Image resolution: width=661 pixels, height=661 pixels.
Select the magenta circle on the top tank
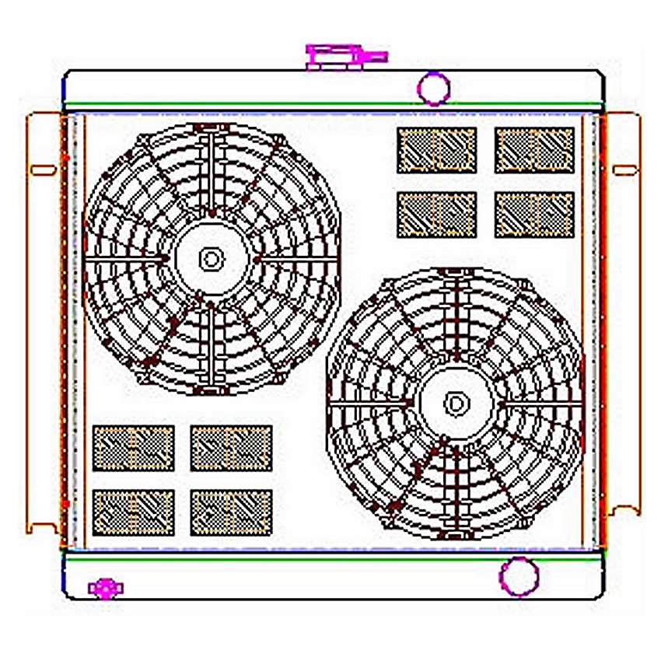[x=433, y=87]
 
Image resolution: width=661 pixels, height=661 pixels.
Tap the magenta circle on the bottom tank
[x=519, y=576]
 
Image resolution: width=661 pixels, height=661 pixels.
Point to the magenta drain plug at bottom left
[x=104, y=589]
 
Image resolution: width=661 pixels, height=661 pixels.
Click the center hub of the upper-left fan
[x=210, y=259]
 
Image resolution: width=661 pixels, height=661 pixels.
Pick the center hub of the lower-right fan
[x=456, y=403]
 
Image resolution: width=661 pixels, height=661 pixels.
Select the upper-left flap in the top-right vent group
[x=436, y=150]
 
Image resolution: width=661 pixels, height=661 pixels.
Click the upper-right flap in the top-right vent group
[x=534, y=150]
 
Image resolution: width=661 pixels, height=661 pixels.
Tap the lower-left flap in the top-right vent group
[x=436, y=214]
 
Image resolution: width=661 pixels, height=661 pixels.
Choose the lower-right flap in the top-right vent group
[x=534, y=214]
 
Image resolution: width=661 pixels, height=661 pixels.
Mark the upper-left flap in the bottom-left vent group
[x=133, y=448]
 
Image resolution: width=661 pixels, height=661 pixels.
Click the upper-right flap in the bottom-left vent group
[x=231, y=448]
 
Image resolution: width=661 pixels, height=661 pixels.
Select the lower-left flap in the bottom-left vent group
[x=133, y=512]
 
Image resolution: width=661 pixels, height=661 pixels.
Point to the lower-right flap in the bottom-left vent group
[x=231, y=512]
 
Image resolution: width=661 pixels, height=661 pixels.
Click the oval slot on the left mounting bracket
[x=43, y=170]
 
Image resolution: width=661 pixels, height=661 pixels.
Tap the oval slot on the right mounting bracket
[x=624, y=170]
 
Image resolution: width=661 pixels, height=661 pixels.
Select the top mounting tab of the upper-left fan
[x=210, y=127]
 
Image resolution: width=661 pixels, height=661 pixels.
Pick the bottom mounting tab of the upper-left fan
[x=210, y=390]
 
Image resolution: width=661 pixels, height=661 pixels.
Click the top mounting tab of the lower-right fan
[x=456, y=271]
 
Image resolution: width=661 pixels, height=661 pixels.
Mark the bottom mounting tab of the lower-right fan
[x=456, y=534]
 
